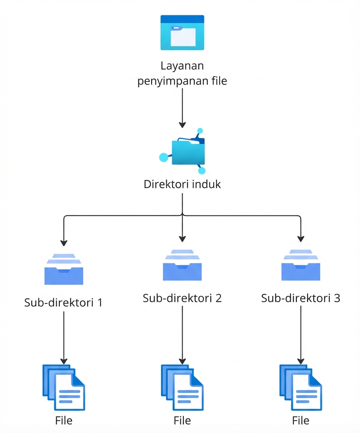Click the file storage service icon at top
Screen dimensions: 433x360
coord(182,33)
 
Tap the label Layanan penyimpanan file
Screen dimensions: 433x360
coord(182,74)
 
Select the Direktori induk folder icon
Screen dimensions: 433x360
coord(187,152)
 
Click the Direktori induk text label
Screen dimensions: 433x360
coord(182,184)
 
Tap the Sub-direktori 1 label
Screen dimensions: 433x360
coord(64,303)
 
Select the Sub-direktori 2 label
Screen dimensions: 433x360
coord(182,298)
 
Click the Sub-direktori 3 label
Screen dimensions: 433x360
coord(301,298)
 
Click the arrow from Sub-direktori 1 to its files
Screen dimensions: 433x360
coord(64,337)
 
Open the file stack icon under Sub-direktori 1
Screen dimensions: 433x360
coord(64,387)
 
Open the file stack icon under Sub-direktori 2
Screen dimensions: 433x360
coord(182,387)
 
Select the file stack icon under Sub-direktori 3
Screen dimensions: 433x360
coord(301,387)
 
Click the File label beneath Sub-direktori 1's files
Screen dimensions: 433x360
coord(64,420)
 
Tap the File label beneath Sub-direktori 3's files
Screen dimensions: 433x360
coord(301,420)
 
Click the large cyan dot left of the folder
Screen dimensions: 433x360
coord(164,157)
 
